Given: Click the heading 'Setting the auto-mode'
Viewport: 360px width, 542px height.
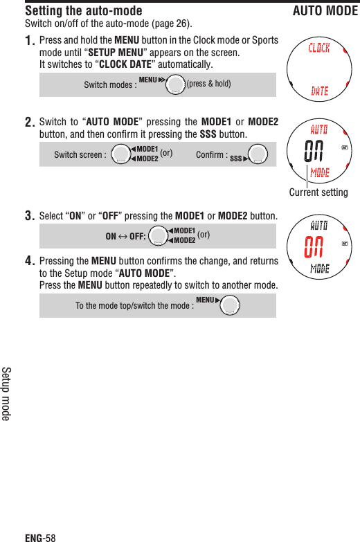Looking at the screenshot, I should point(84,11).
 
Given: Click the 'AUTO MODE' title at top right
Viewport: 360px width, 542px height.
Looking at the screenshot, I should point(325,11).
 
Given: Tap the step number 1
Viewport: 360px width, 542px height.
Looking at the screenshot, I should point(30,42).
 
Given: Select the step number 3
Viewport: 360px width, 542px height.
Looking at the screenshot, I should point(30,216).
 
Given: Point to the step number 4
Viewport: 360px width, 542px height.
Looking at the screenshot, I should point(30,262).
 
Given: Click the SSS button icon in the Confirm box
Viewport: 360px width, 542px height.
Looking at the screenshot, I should point(258,155).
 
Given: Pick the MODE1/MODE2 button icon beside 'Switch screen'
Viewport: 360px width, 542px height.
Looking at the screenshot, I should point(121,155).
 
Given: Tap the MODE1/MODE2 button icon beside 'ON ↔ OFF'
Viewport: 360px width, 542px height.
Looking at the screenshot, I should point(159,236).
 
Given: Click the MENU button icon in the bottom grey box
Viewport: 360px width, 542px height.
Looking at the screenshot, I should point(229,305).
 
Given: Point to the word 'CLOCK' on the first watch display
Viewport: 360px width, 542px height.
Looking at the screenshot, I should point(318,48).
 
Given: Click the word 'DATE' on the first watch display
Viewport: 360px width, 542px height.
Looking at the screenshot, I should point(319,91).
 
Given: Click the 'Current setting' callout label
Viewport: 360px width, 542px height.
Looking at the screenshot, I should point(318,192).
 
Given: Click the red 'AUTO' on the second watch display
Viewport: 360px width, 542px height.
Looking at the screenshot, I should point(319,129).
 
